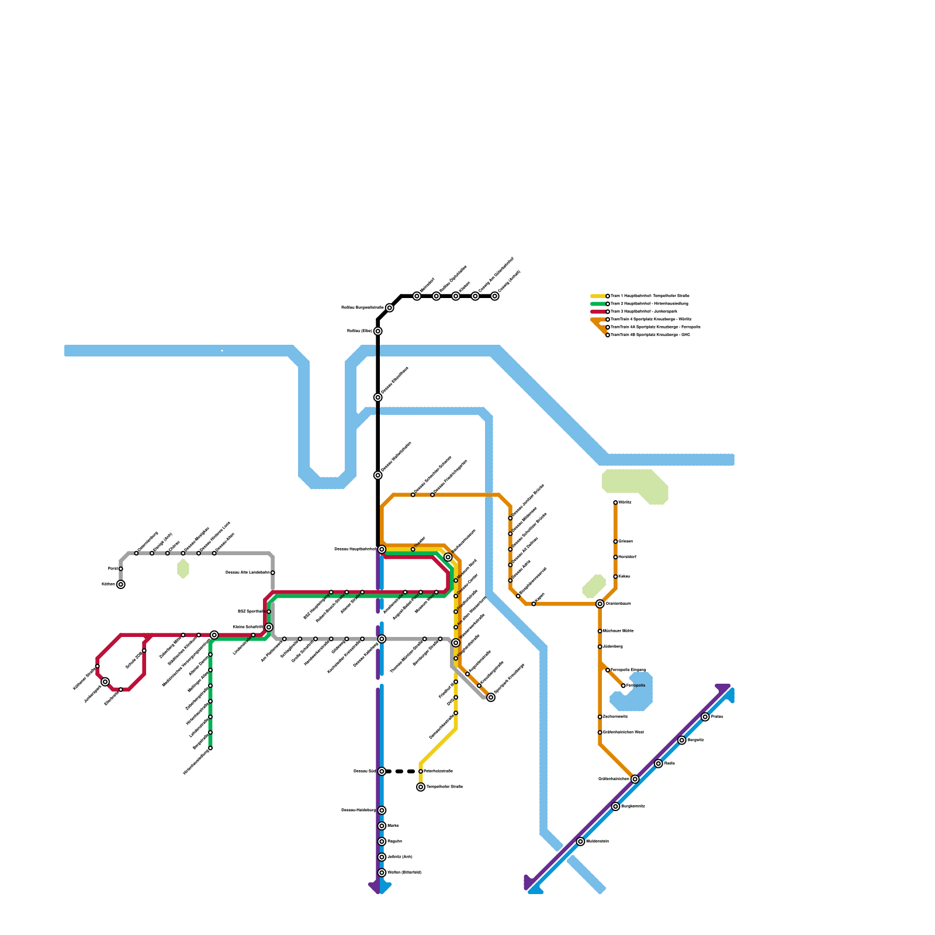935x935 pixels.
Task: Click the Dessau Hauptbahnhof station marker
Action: (382, 549)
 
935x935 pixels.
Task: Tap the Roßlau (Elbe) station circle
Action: (378, 331)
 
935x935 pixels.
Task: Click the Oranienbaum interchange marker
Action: (600, 604)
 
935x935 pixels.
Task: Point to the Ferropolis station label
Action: (636, 685)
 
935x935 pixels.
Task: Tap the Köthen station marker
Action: (120, 584)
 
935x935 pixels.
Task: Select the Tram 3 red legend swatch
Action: (598, 311)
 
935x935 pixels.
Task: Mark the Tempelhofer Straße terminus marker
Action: (421, 787)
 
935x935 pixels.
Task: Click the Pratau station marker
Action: (705, 717)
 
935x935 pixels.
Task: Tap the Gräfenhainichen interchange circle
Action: (635, 779)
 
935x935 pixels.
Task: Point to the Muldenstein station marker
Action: (580, 841)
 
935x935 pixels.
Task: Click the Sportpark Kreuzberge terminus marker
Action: (491, 697)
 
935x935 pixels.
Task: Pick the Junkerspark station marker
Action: (105, 682)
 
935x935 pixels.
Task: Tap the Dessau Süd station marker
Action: (382, 771)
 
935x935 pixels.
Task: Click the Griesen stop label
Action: (626, 542)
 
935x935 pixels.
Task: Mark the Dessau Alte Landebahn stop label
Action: (248, 573)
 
